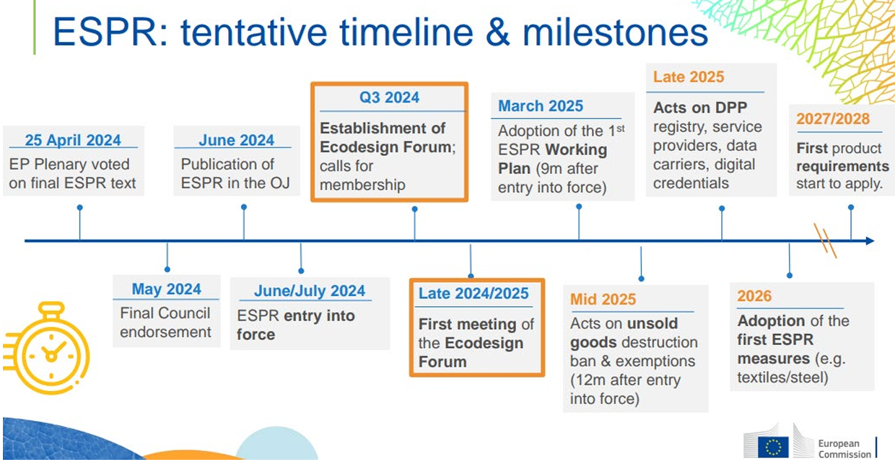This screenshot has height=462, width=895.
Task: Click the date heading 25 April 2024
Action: point(73,140)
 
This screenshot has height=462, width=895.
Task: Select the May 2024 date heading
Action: point(167,289)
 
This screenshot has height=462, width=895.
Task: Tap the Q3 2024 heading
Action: point(389,97)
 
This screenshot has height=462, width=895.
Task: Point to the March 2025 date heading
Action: point(541,106)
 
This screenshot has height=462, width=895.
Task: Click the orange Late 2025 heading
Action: point(689,77)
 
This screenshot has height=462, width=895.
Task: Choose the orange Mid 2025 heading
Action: point(603,299)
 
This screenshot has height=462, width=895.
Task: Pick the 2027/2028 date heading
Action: point(833,118)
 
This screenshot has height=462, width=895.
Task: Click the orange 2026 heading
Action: point(754,296)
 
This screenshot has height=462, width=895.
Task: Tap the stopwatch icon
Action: point(47,348)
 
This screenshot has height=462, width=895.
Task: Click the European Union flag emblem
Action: point(773,448)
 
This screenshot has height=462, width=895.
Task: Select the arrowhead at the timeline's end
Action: point(870,240)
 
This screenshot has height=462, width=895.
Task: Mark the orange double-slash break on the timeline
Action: point(825,240)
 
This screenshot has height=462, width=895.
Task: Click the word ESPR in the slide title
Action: point(105,32)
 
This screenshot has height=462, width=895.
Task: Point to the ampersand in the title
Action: point(498,32)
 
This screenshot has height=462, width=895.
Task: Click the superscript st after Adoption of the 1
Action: point(621,128)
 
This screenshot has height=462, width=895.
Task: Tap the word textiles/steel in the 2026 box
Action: point(782,378)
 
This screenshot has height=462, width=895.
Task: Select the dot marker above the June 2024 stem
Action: point(244,207)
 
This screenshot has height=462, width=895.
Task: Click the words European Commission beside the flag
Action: point(844,449)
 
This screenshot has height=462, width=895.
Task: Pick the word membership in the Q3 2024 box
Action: point(362,185)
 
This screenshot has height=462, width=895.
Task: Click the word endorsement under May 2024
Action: point(165,332)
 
